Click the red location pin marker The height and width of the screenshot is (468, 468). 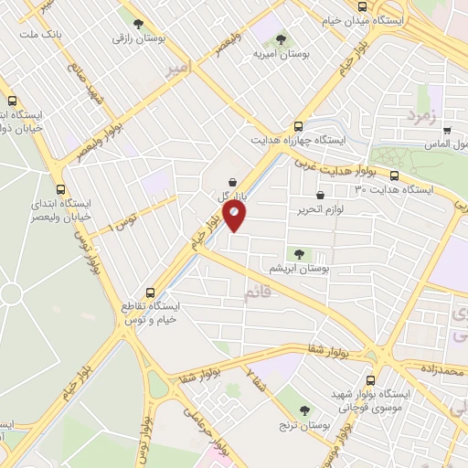point(235,217)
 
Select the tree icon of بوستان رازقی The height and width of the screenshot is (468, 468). point(138,25)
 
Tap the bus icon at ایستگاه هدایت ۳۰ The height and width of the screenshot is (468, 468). point(394,175)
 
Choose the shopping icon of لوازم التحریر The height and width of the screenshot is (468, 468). point(319,195)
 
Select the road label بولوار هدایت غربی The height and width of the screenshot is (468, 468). point(332,165)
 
